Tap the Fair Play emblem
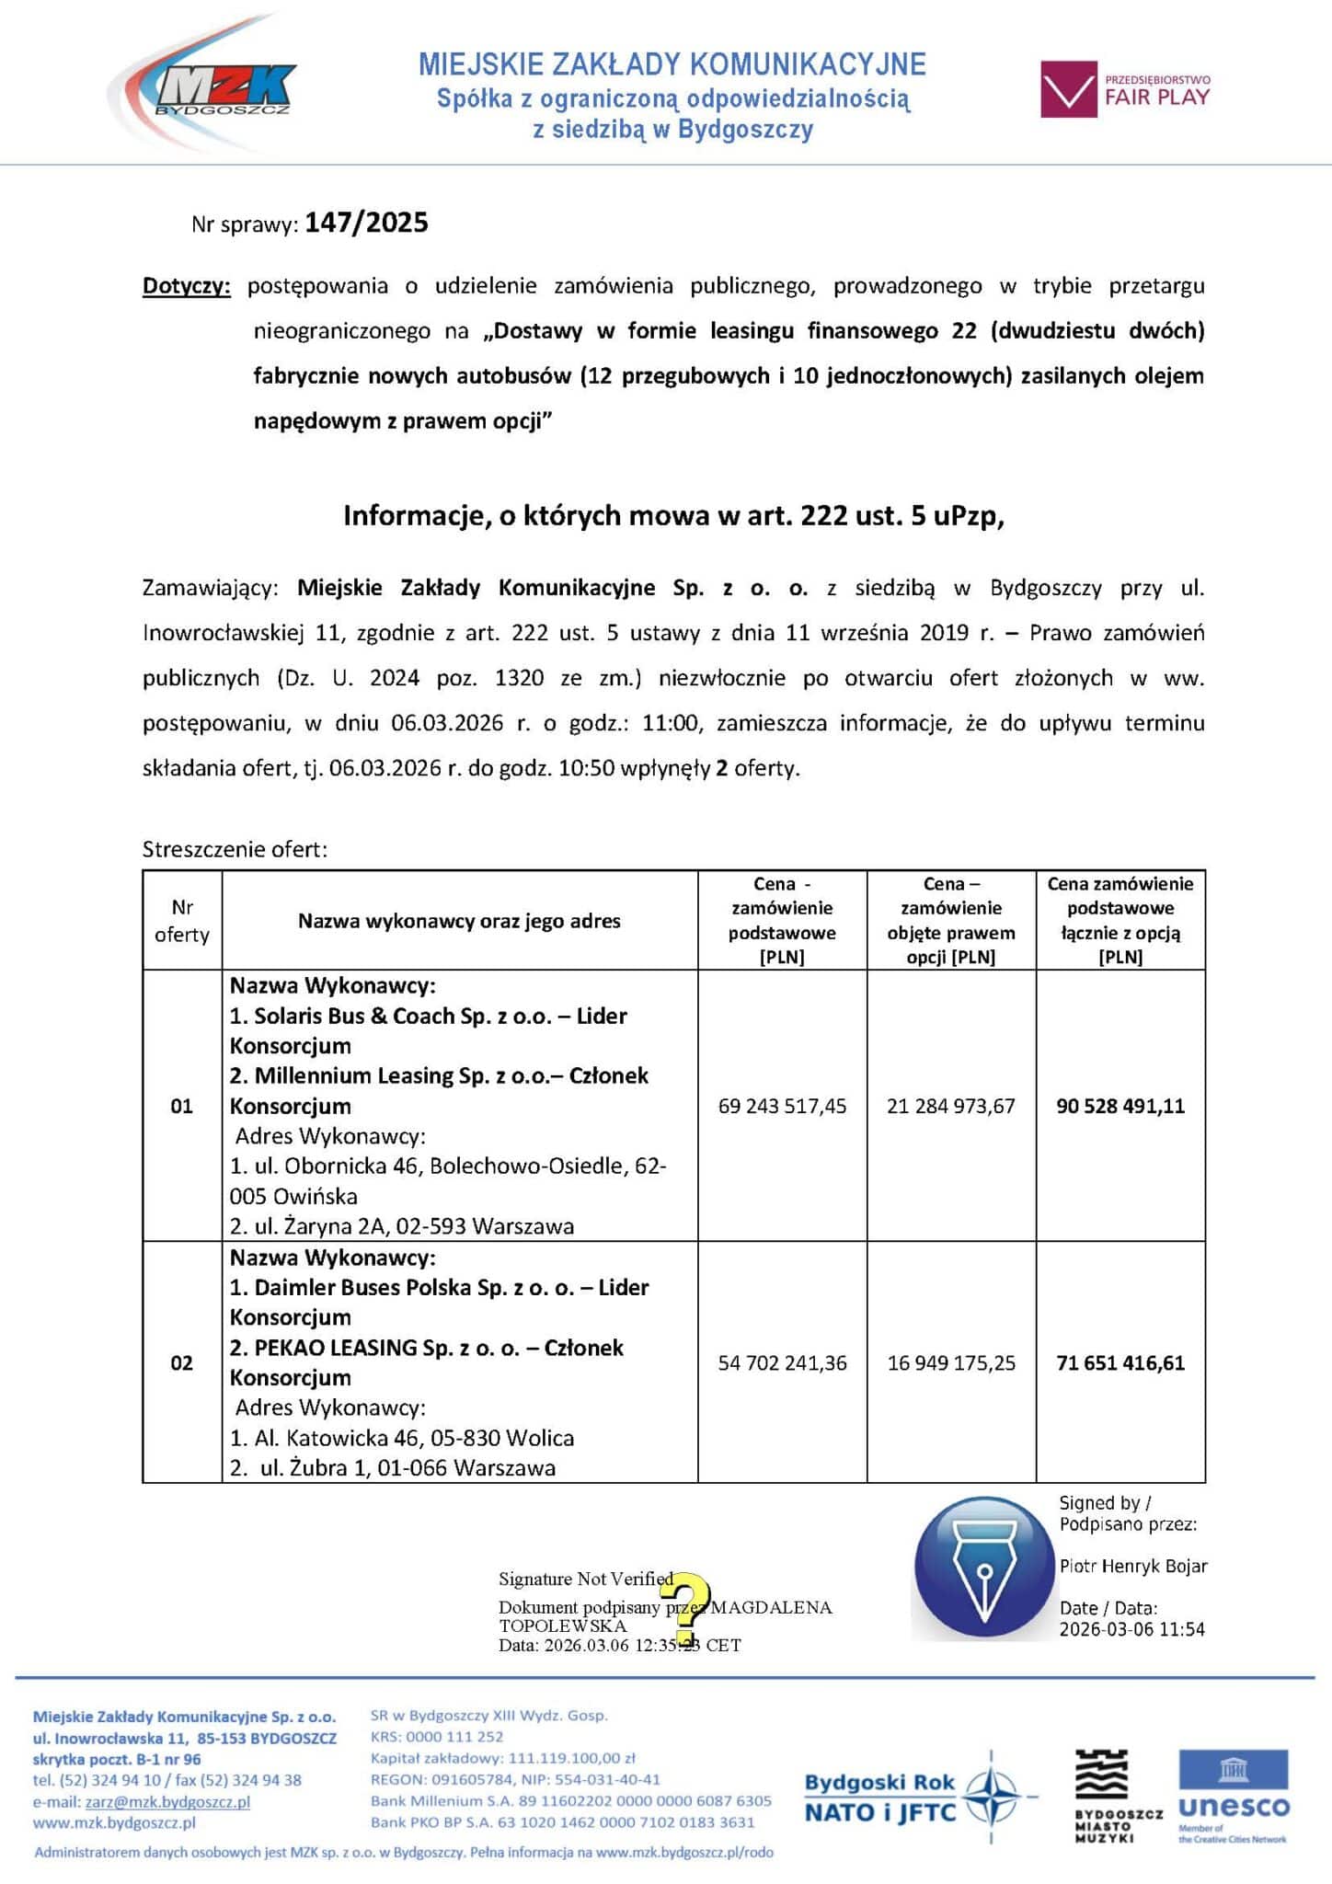(x=1125, y=89)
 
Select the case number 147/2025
(x=366, y=223)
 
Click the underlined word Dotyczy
(x=186, y=286)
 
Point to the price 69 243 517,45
(x=782, y=1106)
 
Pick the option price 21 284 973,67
(x=951, y=1106)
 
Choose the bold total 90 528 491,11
(x=1120, y=1106)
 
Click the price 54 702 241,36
(x=782, y=1362)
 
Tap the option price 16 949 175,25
(x=951, y=1362)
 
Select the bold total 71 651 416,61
(x=1120, y=1362)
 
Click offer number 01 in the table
(x=182, y=1106)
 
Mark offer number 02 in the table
(x=182, y=1362)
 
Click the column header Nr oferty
(x=182, y=921)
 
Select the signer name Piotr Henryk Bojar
(x=1132, y=1566)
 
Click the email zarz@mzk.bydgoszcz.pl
(x=167, y=1802)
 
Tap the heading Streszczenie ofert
(x=235, y=849)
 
